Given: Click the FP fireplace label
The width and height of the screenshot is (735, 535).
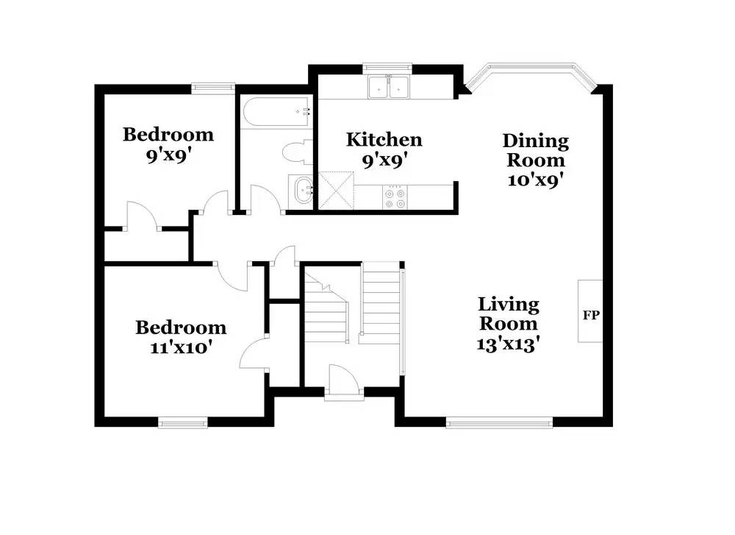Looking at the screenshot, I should click(x=591, y=315).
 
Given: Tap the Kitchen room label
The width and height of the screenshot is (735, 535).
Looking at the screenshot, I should click(x=384, y=139).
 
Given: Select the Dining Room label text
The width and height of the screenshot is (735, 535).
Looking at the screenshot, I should click(x=535, y=150).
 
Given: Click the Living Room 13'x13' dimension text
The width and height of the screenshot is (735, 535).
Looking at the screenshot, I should click(x=509, y=343).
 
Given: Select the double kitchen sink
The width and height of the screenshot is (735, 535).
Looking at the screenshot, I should click(x=390, y=88).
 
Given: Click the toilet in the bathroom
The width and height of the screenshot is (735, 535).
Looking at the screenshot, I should click(x=296, y=152).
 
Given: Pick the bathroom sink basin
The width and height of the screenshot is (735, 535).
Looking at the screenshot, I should click(x=301, y=191).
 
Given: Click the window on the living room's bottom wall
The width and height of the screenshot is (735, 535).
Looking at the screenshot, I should click(x=499, y=422).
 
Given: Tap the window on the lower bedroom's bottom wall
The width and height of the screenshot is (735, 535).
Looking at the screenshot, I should click(x=183, y=422).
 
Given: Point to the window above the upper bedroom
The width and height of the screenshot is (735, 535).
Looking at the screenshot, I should click(x=213, y=88).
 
